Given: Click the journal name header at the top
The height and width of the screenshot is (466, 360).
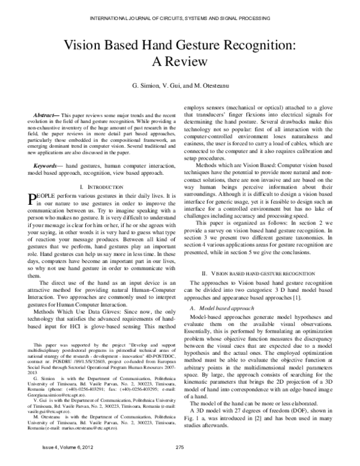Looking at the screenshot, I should point(180,19).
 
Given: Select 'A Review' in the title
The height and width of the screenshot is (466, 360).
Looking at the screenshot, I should point(180,62).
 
